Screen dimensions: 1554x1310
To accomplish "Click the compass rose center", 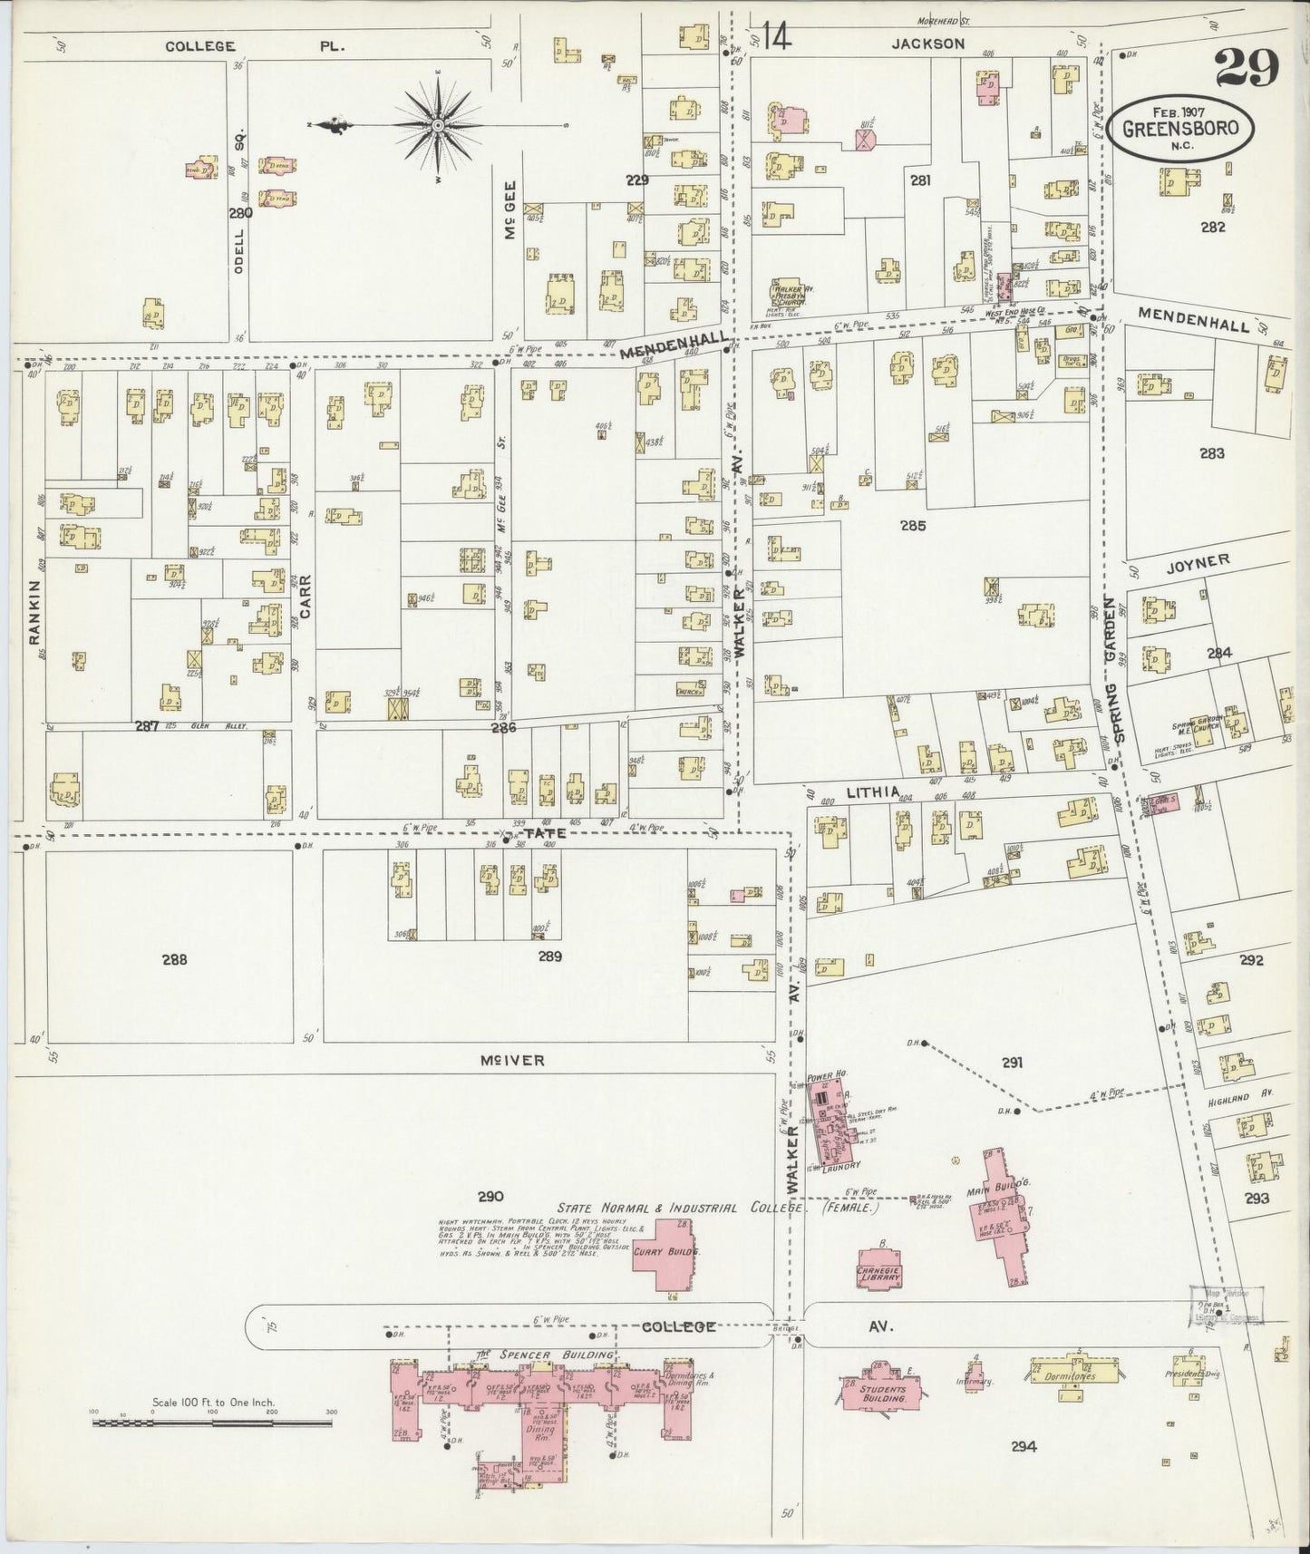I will tap(438, 124).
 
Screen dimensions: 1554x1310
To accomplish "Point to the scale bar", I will tap(214, 1423).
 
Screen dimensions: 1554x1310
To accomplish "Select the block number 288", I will tap(174, 959).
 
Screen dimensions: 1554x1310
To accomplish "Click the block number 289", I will tap(549, 957).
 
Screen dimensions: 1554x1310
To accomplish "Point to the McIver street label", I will tap(512, 1060).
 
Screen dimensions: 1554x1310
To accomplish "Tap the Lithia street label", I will tap(872, 792).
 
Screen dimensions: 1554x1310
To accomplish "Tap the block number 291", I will tap(1012, 1063).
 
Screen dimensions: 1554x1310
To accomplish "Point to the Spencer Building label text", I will tap(544, 1355).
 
